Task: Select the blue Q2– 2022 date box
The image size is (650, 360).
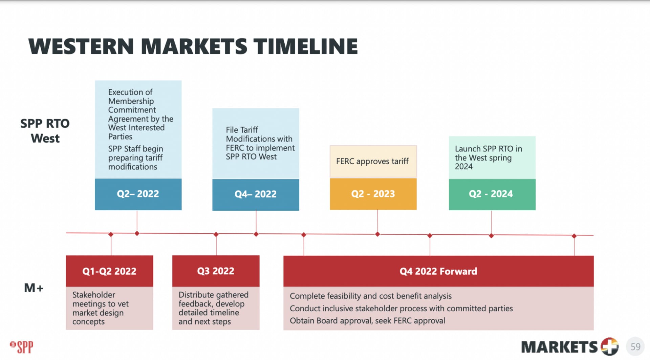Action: pos(138,194)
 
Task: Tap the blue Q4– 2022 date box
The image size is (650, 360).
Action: pos(256,194)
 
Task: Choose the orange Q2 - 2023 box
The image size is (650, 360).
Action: pos(373,194)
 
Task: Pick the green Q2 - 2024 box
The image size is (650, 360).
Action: pos(492,194)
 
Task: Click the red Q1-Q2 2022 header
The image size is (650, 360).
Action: pos(109,271)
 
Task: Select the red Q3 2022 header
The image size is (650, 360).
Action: pos(216,271)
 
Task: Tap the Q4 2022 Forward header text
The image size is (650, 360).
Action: pos(438,271)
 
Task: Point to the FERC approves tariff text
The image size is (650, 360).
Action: pos(372,162)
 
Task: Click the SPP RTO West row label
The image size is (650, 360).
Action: pos(45,131)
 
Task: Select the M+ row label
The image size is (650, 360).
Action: pos(34,288)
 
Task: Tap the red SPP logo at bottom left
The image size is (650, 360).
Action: pos(22,347)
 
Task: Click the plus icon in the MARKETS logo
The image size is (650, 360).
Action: pos(609,346)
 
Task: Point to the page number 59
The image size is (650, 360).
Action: pos(635,346)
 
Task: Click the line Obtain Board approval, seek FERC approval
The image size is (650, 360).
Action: pos(367,321)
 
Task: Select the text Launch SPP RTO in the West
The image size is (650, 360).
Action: pos(488,153)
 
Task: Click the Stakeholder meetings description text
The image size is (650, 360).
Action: pos(101,308)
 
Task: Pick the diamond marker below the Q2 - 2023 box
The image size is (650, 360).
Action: pos(377,234)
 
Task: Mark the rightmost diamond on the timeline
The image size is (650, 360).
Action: pos(574,236)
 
